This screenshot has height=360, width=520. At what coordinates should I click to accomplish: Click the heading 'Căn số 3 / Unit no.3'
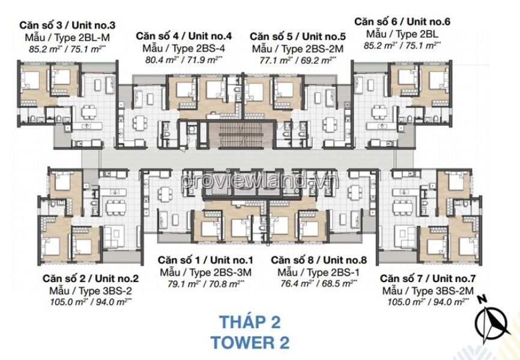tap(67, 25)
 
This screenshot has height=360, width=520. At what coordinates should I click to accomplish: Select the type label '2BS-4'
tap(210, 49)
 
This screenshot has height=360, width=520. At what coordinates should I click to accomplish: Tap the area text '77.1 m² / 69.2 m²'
tap(297, 61)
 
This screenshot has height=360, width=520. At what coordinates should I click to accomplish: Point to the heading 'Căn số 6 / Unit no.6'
tap(402, 22)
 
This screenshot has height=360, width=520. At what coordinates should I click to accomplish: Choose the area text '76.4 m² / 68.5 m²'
tap(319, 283)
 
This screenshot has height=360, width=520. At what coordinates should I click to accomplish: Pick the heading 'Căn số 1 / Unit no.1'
tap(205, 260)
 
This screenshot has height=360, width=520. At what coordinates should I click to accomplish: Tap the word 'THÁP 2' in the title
tap(250, 322)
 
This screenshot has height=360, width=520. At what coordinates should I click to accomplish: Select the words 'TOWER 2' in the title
tap(250, 343)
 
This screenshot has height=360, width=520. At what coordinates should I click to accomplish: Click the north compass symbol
tap(492, 320)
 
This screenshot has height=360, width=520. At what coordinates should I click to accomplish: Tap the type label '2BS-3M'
tap(232, 272)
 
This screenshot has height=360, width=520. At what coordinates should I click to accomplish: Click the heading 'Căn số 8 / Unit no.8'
tap(319, 260)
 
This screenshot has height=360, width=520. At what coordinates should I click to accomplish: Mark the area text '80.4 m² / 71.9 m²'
tap(184, 61)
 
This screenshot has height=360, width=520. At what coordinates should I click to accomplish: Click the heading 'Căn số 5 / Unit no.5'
tap(297, 36)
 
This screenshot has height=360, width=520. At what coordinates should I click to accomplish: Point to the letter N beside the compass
tap(482, 299)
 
